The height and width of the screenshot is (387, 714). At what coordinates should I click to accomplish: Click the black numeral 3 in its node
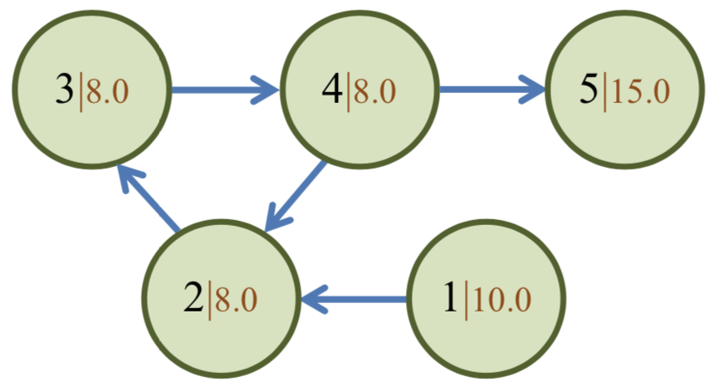pos(64,90)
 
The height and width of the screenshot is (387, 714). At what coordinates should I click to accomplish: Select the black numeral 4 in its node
pos(332,90)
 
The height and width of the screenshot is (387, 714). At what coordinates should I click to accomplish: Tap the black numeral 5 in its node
pos(589,90)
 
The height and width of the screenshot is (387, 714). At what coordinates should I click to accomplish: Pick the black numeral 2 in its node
pos(193,298)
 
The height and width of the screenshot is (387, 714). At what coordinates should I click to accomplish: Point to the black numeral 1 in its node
pos(451,298)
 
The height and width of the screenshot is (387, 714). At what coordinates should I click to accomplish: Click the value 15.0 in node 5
pos(640,91)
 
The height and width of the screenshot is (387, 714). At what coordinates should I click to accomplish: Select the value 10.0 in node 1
pos(501,299)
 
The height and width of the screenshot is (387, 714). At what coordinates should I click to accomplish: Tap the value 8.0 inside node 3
pos(107,91)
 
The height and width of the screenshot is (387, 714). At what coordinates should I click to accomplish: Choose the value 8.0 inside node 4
pos(374,91)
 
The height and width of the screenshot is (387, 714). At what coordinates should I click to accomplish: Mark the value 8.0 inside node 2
pos(236,299)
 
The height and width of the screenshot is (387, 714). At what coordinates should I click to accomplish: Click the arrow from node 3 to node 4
pos(225,90)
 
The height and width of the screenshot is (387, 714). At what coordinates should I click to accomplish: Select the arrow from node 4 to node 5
pos(491,90)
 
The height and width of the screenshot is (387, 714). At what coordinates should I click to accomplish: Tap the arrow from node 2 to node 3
pos(149,197)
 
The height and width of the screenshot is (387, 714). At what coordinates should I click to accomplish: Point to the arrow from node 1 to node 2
pos(354,299)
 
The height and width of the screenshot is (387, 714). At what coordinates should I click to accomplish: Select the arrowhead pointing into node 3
pos(130,178)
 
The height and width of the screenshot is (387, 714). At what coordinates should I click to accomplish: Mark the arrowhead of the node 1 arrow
pos(314,299)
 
